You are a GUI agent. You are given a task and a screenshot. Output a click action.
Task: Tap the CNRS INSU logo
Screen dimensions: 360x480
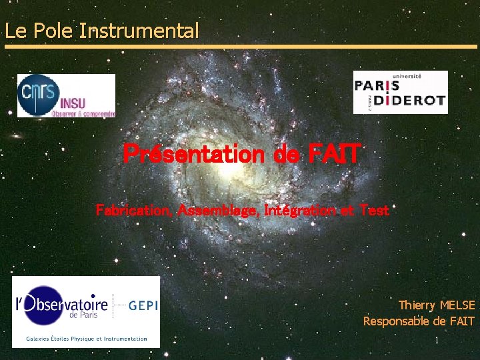pos(66,95)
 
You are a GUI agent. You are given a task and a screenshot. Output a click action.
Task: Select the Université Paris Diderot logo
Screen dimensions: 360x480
pos(400,92)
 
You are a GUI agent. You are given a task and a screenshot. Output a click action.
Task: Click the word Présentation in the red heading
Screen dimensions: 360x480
pos(194,155)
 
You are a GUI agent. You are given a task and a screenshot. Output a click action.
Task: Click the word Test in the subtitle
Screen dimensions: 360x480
pos(374,210)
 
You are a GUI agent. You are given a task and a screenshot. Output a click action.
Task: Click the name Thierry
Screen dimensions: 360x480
pos(417,305)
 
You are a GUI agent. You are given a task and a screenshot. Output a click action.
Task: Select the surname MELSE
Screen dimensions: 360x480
pos(457,305)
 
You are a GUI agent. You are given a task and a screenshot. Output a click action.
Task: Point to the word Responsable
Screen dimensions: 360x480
pos(396,321)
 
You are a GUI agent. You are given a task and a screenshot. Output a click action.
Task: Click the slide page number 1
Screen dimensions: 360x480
pos(437,341)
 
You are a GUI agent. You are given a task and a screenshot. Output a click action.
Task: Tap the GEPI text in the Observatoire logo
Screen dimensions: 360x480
pos(142,305)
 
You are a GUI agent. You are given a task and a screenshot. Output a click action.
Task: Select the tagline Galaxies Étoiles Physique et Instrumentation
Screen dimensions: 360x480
pos(86,339)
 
